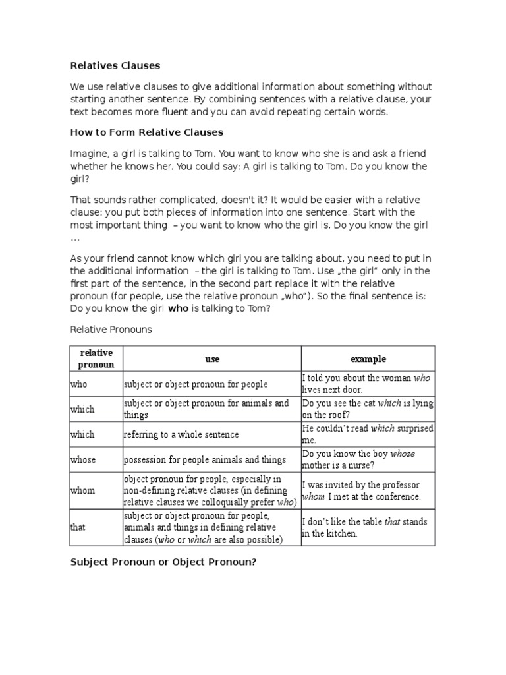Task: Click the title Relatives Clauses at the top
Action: (x=115, y=66)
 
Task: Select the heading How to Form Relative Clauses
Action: (x=147, y=132)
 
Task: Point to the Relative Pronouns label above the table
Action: (x=111, y=329)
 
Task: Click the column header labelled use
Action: (x=212, y=359)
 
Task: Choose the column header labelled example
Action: (x=368, y=359)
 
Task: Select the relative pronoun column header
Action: (x=96, y=359)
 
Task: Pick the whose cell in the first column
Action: (x=82, y=459)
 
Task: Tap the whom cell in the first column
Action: (x=82, y=490)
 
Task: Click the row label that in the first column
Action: (x=78, y=527)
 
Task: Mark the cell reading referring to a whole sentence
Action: (x=181, y=434)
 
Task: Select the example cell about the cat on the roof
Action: (x=368, y=409)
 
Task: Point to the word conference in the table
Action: (x=396, y=496)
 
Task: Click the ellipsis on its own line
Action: (x=74, y=239)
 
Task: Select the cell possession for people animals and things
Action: (x=204, y=459)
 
